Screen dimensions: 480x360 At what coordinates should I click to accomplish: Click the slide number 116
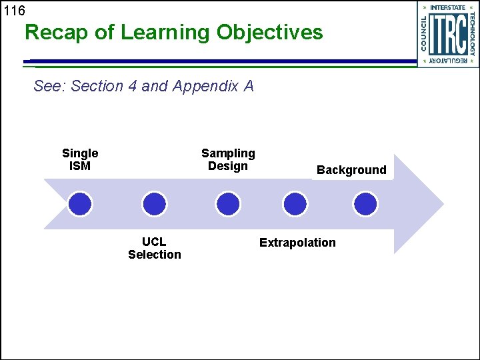point(14,11)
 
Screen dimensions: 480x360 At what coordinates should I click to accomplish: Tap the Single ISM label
point(80,159)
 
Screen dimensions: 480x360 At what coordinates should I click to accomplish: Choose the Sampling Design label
point(228,159)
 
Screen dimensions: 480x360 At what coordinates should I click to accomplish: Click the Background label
point(351,170)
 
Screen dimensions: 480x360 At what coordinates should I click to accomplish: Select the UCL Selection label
point(155,248)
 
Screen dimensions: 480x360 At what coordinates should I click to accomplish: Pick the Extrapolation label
point(297,243)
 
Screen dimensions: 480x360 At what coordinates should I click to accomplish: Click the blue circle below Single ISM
point(80,203)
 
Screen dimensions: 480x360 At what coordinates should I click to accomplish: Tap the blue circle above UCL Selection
point(155,203)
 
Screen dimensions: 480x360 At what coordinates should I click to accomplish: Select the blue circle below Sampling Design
point(228,203)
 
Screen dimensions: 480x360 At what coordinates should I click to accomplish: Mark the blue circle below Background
point(365,203)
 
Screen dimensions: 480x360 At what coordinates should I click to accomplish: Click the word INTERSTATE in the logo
point(448,7)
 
